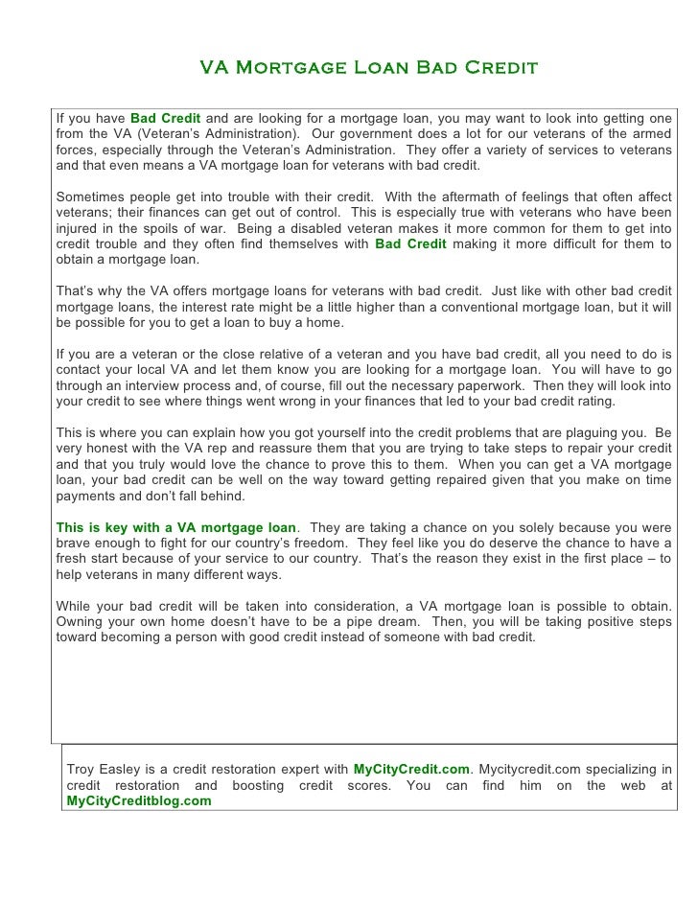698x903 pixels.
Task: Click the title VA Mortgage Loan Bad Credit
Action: pyautogui.click(x=368, y=69)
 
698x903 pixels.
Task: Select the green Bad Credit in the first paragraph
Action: pyautogui.click(x=165, y=116)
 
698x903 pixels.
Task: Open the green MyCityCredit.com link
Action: pyautogui.click(x=411, y=769)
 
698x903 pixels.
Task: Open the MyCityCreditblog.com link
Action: pyautogui.click(x=138, y=800)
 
